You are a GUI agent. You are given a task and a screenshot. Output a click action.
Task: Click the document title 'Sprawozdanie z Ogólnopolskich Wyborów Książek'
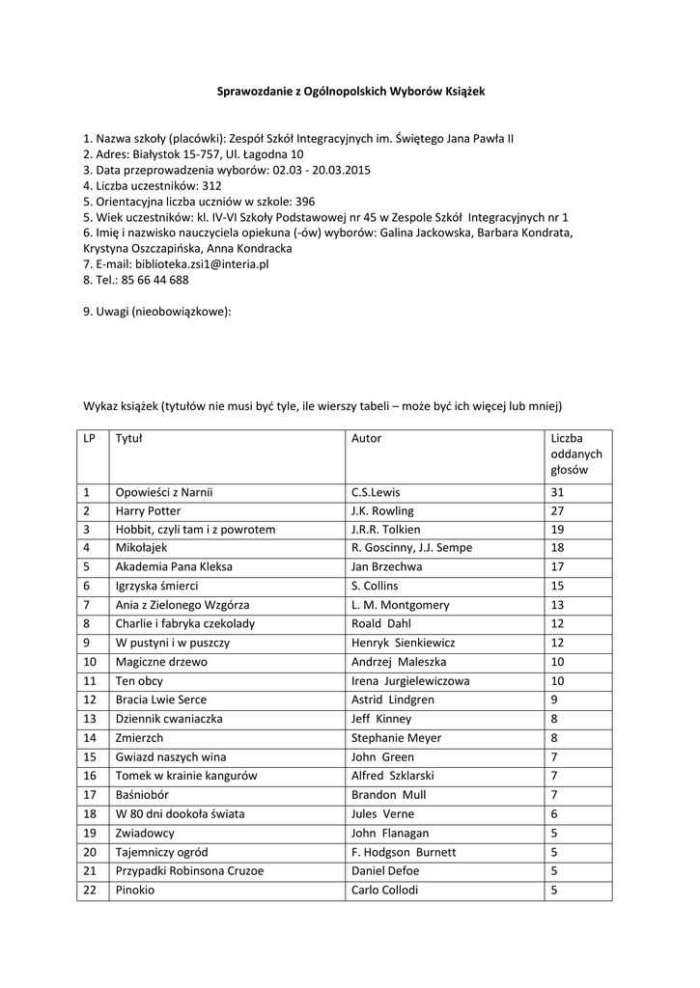350,91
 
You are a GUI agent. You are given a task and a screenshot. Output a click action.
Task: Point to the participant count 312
212,185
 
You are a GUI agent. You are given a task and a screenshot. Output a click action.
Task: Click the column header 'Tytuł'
128,438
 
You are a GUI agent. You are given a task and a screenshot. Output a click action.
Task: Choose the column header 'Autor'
367,438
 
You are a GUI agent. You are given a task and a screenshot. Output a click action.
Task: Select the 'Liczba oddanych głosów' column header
576,454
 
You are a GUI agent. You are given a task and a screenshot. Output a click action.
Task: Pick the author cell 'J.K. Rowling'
382,510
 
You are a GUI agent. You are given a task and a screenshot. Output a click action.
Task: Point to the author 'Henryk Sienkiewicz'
404,643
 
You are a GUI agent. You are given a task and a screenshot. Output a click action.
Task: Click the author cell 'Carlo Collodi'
385,890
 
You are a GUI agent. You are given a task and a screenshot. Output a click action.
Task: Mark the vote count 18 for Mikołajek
557,548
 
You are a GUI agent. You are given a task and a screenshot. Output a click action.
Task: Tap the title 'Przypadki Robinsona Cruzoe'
189,870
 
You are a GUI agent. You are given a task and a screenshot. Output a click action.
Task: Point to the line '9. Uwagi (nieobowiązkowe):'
157,312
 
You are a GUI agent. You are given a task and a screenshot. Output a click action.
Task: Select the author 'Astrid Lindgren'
393,700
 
